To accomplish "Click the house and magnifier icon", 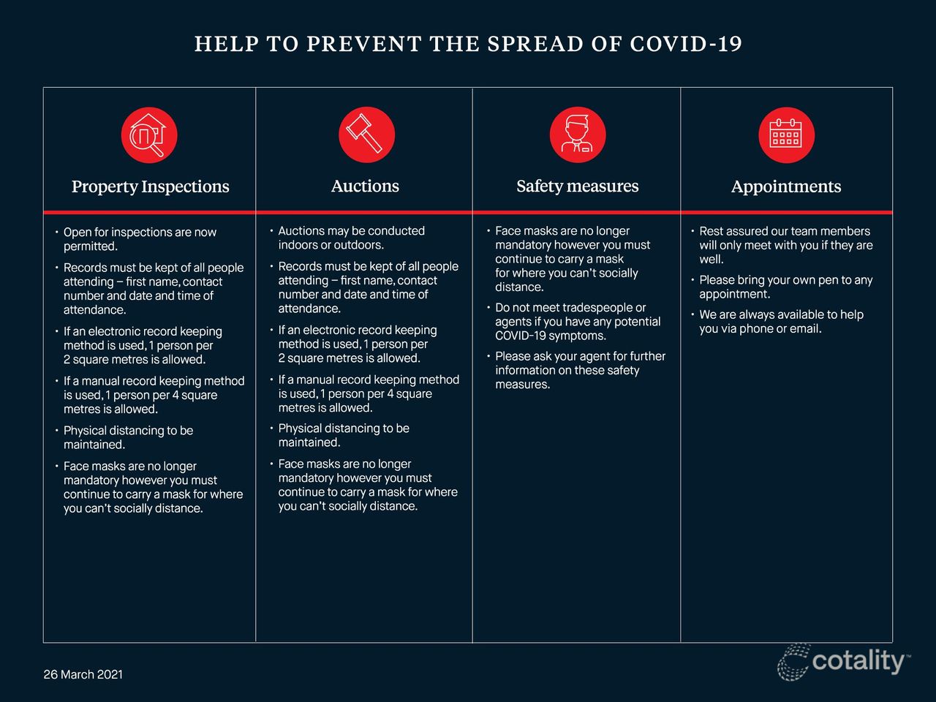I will coord(149,135).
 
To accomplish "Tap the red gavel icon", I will coord(366,135).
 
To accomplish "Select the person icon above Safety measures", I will coord(578,135).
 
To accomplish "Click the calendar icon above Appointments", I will coord(786,135).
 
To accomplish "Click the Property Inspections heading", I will coord(150,186).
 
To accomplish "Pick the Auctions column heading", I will coord(365,186).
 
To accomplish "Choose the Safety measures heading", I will coord(577,186).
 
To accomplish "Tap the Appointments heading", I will coord(786,186).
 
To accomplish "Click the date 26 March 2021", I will coord(83,674).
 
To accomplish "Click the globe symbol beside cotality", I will coord(793,662).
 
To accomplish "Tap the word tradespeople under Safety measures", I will coord(597,308).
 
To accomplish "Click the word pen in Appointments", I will coord(823,280).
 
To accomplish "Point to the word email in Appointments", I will coord(805,329).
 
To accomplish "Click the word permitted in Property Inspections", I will coord(90,246).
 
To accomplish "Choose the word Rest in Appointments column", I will coord(712,231).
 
